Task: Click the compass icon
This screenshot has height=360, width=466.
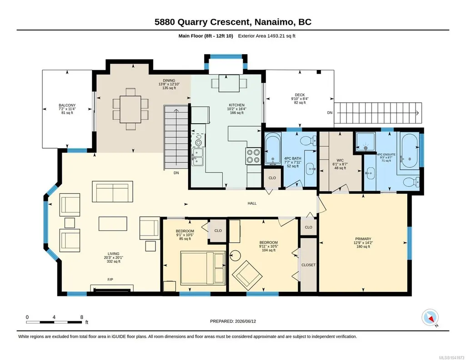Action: pyautogui.click(x=430, y=318)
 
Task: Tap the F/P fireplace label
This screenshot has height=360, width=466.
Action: pyautogui.click(x=110, y=280)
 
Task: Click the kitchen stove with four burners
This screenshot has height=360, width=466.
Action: pyautogui.click(x=253, y=156)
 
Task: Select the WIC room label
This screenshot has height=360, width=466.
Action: pyautogui.click(x=340, y=160)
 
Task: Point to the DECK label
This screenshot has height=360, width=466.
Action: pyautogui.click(x=300, y=95)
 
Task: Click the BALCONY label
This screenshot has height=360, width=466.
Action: pyautogui.click(x=67, y=105)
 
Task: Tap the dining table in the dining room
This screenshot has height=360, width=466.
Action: pyautogui.click(x=130, y=109)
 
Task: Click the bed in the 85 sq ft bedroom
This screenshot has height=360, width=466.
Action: pyautogui.click(x=203, y=268)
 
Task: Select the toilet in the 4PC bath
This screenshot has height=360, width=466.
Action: pyautogui.click(x=310, y=140)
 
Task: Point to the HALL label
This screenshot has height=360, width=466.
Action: pyautogui.click(x=252, y=204)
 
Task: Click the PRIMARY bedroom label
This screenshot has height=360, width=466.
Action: pyautogui.click(x=363, y=239)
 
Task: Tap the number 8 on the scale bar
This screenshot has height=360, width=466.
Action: pyautogui.click(x=82, y=317)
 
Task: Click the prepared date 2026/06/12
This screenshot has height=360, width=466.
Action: pyautogui.click(x=246, y=321)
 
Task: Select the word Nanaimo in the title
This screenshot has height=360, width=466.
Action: pyautogui.click(x=275, y=22)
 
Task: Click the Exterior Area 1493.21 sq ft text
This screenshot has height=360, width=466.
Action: pyautogui.click(x=266, y=36)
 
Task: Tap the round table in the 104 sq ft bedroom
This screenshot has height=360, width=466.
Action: pyautogui.click(x=235, y=255)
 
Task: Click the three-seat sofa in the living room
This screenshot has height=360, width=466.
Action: pyautogui.click(x=112, y=191)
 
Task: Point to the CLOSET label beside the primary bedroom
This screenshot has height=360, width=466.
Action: pyautogui.click(x=309, y=265)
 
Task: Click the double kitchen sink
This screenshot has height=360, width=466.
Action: pyautogui.click(x=197, y=157)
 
